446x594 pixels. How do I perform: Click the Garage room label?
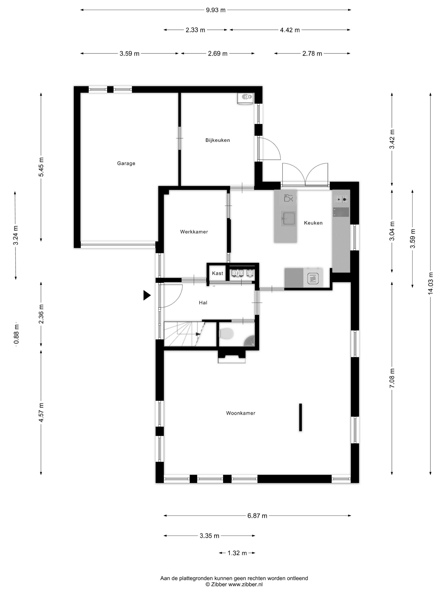click(x=126, y=163)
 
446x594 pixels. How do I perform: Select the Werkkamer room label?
click(x=194, y=232)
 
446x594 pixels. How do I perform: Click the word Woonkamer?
click(x=241, y=413)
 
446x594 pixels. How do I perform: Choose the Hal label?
click(x=203, y=303)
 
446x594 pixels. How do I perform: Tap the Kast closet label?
click(x=217, y=273)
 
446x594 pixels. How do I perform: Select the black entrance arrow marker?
click(x=147, y=295)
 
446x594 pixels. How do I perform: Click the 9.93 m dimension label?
click(x=216, y=10)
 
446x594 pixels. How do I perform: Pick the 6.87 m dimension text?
click(x=257, y=516)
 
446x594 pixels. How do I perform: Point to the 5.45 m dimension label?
click(x=41, y=167)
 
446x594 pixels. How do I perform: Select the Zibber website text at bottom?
click(x=234, y=584)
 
